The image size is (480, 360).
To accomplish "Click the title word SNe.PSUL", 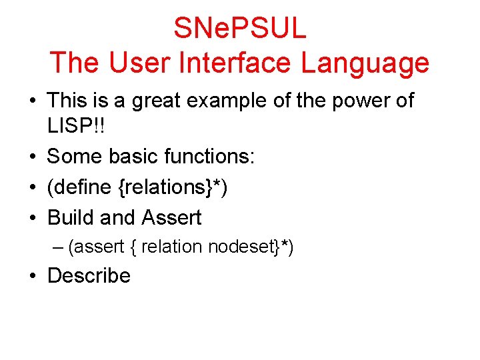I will [x=240, y=28].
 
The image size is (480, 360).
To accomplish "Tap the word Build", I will [x=70, y=217].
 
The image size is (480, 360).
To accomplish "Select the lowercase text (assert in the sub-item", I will [x=97, y=247].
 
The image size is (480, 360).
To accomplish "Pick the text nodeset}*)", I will [x=251, y=247].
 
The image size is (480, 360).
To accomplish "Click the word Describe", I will [x=89, y=275].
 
